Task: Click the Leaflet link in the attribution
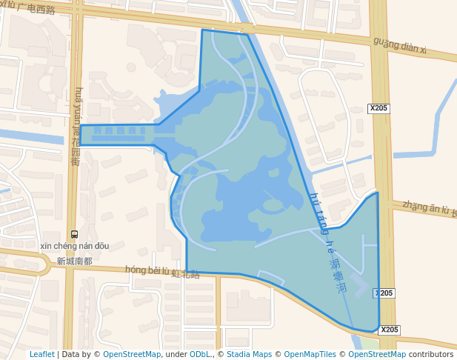coord(41,355)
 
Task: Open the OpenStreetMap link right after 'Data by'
coord(132,355)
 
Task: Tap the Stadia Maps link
coord(249,355)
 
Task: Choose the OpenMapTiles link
coord(310,355)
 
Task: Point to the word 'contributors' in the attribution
coord(431,355)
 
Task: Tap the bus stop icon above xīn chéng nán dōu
coord(73,234)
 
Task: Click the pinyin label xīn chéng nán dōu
coord(76,246)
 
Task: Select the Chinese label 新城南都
coord(75,261)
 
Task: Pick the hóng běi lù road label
coord(148,270)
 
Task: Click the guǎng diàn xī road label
coord(400,45)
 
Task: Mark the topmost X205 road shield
coord(378,108)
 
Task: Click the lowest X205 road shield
coord(390,330)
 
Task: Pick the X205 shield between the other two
coord(384,293)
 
